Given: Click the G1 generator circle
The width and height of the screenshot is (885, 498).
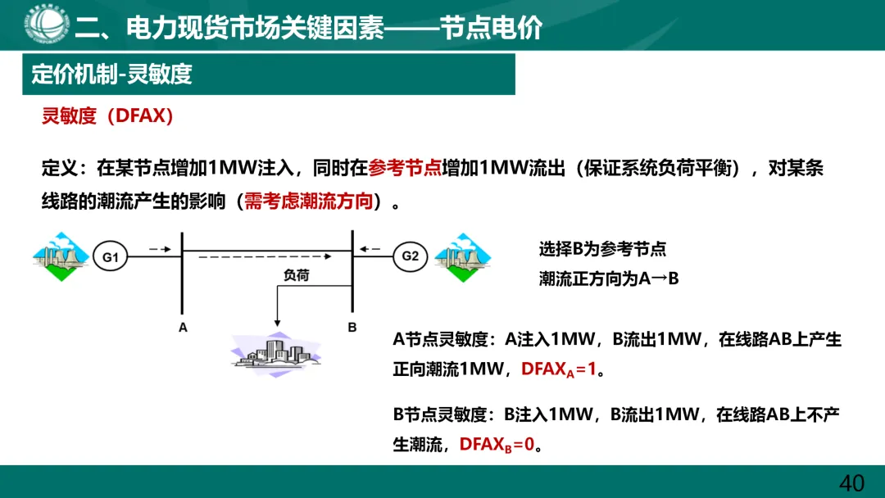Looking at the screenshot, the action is (111, 257).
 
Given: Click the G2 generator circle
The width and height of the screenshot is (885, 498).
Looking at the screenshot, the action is (411, 256).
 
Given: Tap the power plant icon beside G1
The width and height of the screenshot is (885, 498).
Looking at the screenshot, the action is (60, 256).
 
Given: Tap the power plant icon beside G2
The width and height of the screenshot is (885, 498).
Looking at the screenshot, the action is (461, 256).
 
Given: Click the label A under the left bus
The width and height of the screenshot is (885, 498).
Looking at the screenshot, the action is (183, 328).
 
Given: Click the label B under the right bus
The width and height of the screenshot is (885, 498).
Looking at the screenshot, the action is (352, 328).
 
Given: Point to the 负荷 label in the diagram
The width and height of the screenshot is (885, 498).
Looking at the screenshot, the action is (296, 276).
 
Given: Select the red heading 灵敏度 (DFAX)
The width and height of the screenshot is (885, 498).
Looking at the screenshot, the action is (108, 116).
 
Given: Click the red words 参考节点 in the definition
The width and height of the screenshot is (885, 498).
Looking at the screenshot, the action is (405, 169).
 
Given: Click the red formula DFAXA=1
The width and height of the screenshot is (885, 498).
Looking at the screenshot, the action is (559, 369).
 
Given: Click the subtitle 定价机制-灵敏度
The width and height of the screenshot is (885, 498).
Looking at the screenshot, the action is (111, 75).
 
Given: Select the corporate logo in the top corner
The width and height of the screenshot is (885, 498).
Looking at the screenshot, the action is (46, 25).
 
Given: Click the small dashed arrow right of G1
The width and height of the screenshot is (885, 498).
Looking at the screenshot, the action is (160, 248).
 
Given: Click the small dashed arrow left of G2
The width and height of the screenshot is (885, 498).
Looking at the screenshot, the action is (370, 248).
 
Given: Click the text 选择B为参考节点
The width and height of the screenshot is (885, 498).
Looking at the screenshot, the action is (602, 251).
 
